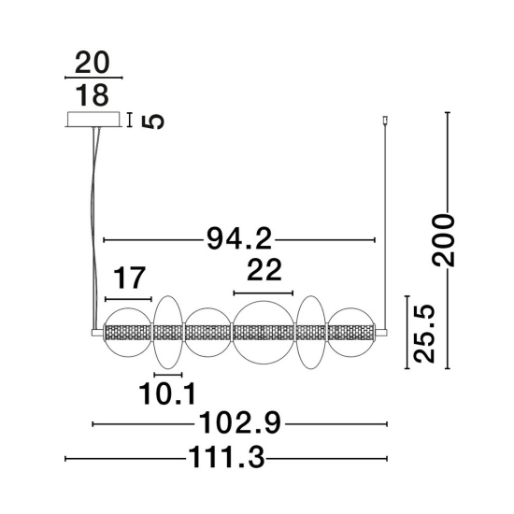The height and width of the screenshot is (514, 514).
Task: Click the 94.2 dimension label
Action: click(239, 239)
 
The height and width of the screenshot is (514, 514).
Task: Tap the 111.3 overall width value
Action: click(226, 457)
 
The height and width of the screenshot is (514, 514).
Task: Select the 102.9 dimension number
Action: click(239, 422)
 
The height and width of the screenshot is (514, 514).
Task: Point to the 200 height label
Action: click(443, 239)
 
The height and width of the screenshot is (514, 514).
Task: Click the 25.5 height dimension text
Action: click(423, 334)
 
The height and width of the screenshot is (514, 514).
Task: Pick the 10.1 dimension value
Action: click(167, 393)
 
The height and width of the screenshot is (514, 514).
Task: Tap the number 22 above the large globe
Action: click(264, 270)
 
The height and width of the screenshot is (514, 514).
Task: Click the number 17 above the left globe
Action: click(129, 278)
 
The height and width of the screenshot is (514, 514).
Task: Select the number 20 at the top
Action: click(92, 62)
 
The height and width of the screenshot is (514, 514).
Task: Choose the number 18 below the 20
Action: click(93, 95)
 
